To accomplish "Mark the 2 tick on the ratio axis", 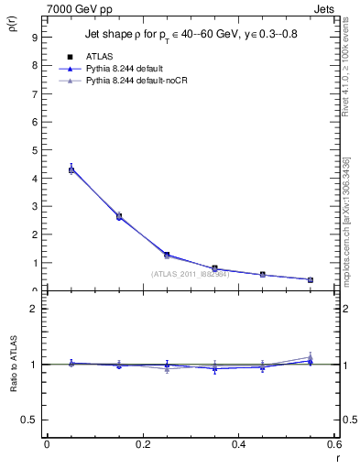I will pyautogui.click(x=33, y=309).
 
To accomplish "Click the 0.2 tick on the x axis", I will pyautogui.click(x=142, y=444).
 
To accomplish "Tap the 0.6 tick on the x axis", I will pyautogui.click(x=333, y=444).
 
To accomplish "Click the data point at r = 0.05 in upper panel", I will pyautogui.click(x=71, y=169).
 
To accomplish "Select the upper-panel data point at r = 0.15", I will pyautogui.click(x=119, y=216).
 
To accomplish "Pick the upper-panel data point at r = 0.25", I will pyautogui.click(x=167, y=255).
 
